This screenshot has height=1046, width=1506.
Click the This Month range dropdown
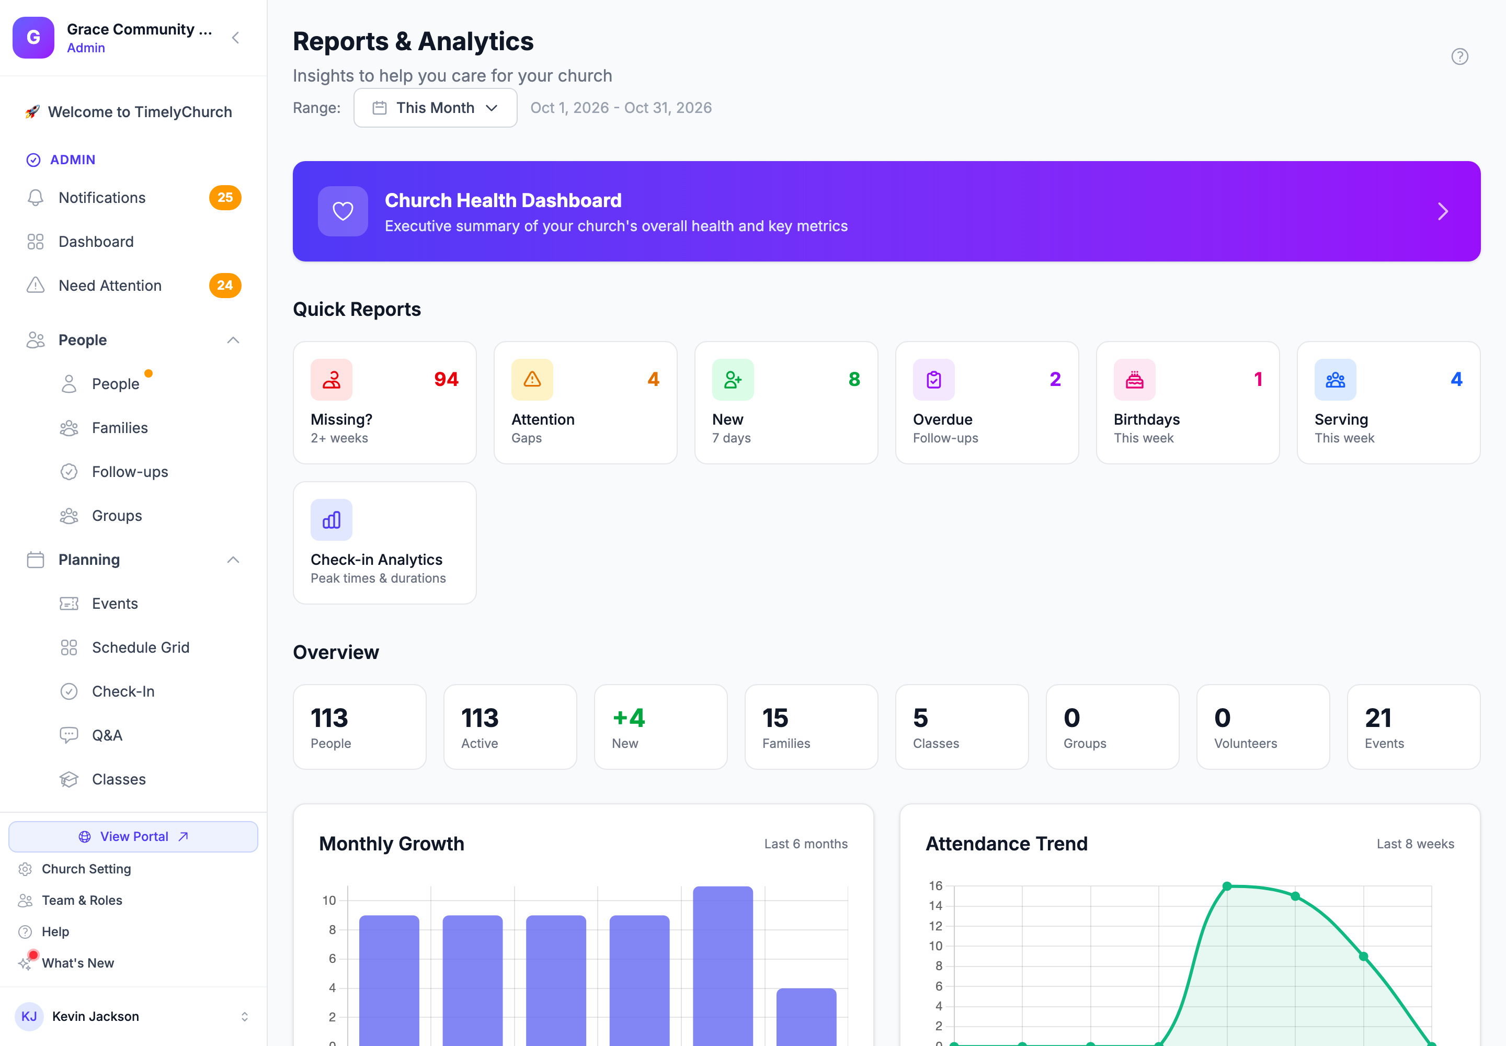click(435, 108)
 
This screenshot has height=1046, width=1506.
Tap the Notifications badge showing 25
click(225, 197)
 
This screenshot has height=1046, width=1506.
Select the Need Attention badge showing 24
click(225, 285)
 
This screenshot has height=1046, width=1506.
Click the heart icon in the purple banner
click(343, 211)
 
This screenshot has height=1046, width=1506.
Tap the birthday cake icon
click(1134, 380)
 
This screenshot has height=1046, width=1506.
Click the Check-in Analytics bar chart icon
click(332, 520)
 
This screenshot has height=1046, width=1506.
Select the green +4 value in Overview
click(629, 718)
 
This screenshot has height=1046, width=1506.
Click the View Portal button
click(133, 836)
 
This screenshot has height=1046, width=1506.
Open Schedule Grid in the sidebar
click(140, 647)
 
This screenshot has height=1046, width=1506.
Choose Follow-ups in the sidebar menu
click(130, 472)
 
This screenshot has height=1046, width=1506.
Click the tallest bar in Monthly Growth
click(723, 965)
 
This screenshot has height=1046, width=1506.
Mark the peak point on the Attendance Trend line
click(1227, 886)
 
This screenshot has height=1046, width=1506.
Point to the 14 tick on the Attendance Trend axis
click(935, 906)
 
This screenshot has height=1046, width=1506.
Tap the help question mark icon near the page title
click(1459, 56)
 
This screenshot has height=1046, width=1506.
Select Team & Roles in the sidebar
click(82, 900)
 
